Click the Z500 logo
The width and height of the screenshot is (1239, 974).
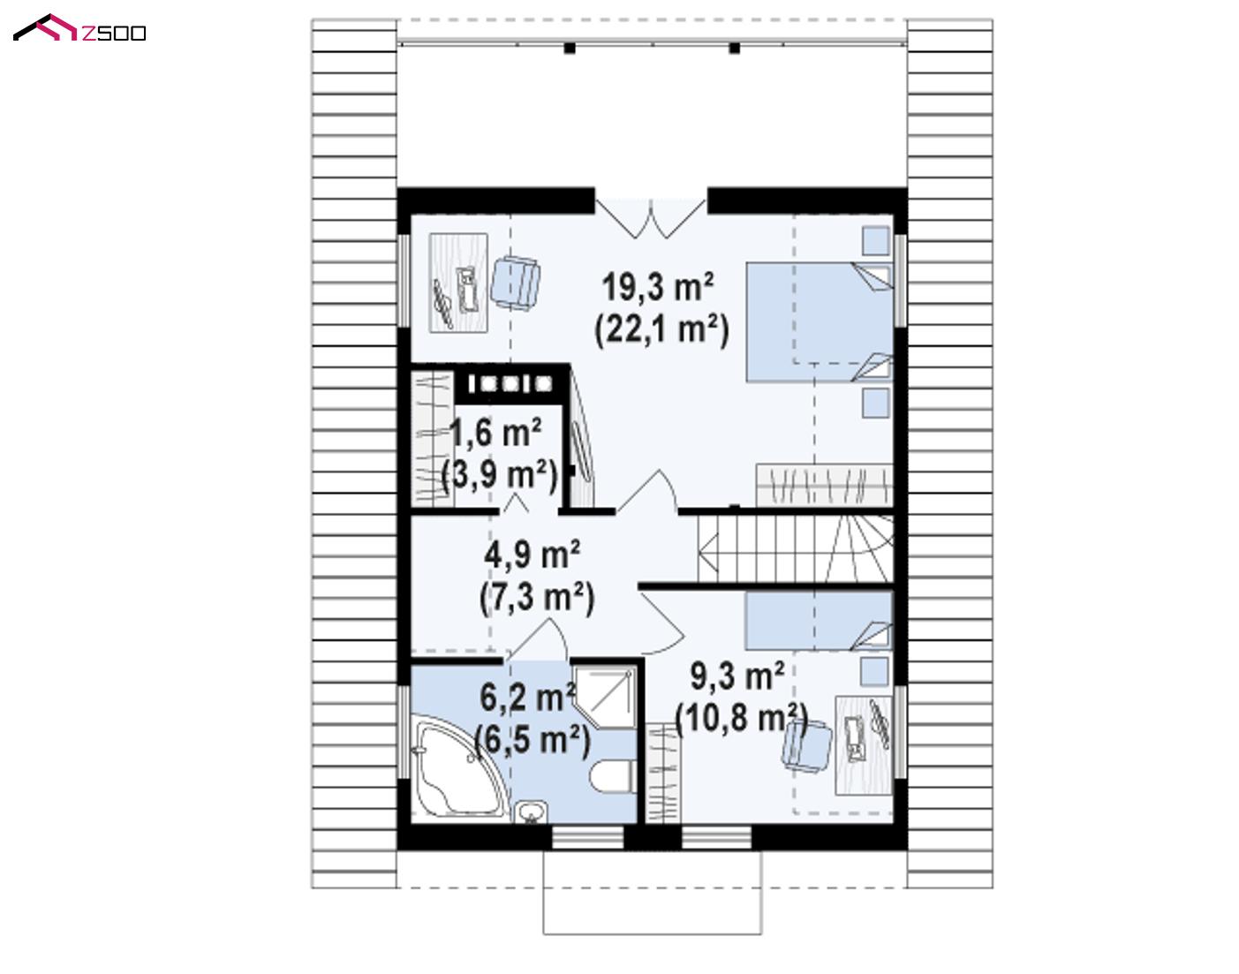point(79,28)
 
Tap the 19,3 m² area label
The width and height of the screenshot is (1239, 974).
point(658,287)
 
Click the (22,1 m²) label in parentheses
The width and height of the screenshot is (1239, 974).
point(661,330)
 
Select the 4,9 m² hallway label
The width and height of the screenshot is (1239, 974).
point(532,555)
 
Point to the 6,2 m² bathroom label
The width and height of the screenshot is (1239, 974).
point(527,698)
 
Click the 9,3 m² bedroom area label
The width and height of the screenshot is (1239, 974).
point(737,676)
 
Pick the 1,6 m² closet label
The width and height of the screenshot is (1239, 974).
point(495,433)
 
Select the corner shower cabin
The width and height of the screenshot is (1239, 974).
point(606,697)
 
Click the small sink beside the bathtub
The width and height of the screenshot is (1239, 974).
point(531,812)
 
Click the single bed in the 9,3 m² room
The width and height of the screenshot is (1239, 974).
point(819,621)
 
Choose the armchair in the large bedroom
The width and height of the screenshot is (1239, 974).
point(515,283)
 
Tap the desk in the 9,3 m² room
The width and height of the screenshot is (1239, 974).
point(864,745)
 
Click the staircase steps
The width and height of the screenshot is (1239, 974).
point(796,548)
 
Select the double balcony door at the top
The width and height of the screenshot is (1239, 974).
point(651,218)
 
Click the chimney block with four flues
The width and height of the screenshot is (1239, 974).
point(510,383)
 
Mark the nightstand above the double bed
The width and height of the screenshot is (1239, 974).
point(876,240)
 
